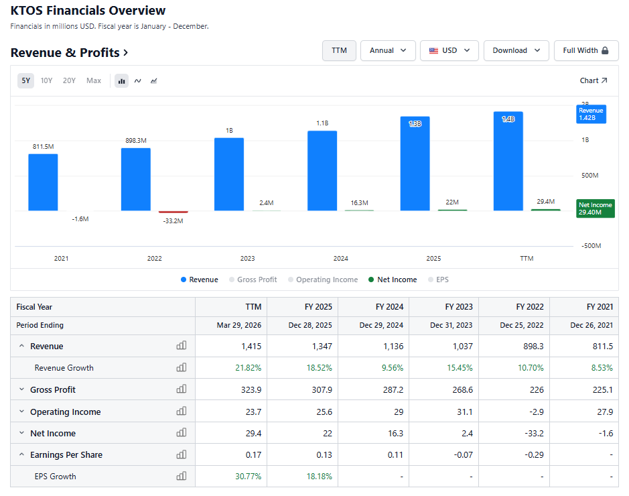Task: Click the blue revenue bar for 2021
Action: [43, 182]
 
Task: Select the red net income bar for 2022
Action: [173, 212]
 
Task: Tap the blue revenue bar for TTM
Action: [508, 161]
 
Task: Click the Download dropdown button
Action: [516, 50]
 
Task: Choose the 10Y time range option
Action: [46, 80]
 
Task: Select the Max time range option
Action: [94, 80]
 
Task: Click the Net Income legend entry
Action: [393, 280]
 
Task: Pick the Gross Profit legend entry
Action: [253, 280]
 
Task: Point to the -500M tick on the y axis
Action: [591, 245]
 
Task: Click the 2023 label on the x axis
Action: [247, 259]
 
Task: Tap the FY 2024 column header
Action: [389, 307]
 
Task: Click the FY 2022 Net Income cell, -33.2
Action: [534, 434]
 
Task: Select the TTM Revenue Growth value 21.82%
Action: [249, 368]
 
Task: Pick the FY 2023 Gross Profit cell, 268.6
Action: [462, 389]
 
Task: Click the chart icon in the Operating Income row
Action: [182, 411]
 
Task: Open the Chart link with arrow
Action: [593, 80]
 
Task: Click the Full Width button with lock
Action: [586, 50]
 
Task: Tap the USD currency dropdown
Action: [449, 50]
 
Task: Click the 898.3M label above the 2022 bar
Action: [136, 141]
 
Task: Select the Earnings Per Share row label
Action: [66, 455]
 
